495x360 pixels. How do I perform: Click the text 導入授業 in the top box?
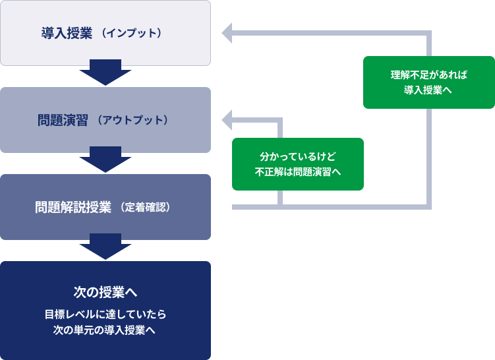coord(66,33)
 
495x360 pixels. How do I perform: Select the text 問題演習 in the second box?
coord(63,121)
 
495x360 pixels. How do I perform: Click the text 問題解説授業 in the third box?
coord(73,207)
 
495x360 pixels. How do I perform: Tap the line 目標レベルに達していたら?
coord(105,313)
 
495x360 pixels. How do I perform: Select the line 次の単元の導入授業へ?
coord(105,329)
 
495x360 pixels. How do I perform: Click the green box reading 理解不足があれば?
coord(428,74)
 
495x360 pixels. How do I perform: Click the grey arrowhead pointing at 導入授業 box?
coord(227,33)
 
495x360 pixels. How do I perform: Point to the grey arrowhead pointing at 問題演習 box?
coord(227,121)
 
